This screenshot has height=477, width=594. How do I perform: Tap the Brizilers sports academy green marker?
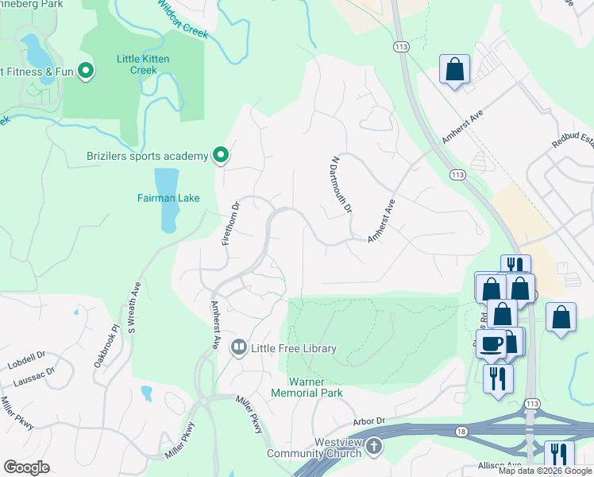click(x=221, y=156)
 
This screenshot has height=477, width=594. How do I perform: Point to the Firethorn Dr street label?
click(x=231, y=224)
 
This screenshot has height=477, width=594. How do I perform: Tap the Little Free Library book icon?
click(x=238, y=347)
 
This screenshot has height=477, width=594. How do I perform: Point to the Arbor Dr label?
click(x=368, y=421)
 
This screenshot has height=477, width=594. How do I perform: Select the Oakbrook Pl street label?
click(x=105, y=345)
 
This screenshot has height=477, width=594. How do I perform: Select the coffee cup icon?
click(x=492, y=343)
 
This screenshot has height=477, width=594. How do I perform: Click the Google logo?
click(x=26, y=467)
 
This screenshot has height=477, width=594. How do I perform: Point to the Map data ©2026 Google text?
click(x=544, y=471)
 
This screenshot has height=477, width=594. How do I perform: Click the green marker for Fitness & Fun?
click(x=87, y=72)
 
